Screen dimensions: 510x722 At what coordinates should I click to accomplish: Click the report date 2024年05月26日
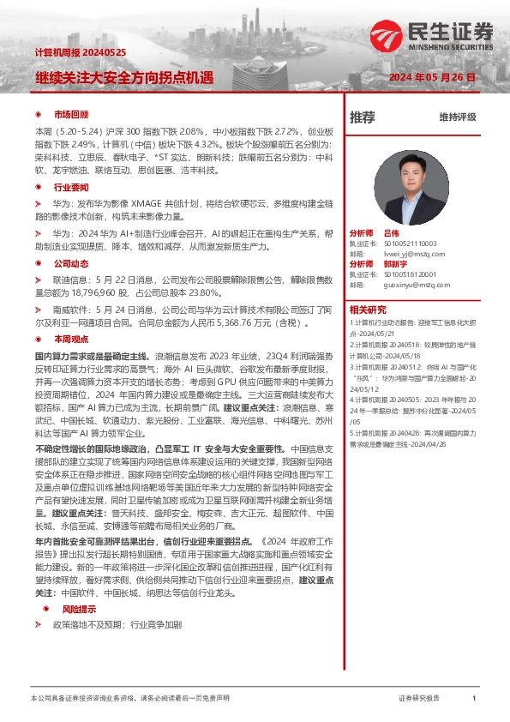click(433, 77)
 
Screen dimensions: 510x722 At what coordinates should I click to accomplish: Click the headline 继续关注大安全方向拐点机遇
click(123, 77)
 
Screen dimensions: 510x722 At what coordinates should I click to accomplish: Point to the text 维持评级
click(457, 117)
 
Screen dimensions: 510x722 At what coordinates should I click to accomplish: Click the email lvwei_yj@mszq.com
click(411, 254)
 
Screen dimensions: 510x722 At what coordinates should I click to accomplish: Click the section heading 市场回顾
click(71, 114)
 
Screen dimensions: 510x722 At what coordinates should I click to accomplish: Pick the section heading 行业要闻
click(71, 186)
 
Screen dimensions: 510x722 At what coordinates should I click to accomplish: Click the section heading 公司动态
click(71, 263)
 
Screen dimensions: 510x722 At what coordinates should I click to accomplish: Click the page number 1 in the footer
click(474, 699)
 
